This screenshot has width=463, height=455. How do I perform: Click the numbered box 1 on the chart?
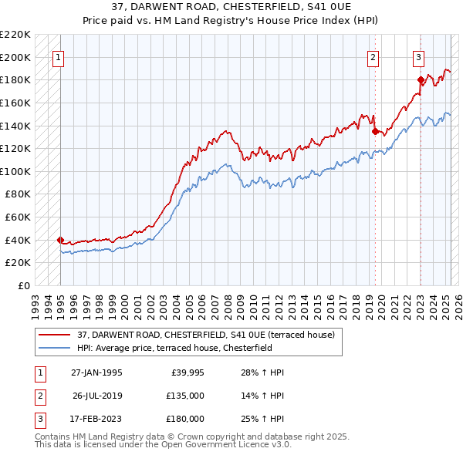[59, 56]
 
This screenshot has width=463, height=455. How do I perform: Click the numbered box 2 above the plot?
[373, 56]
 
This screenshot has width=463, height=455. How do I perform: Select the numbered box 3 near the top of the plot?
[418, 56]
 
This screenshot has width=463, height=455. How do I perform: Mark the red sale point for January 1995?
[60, 240]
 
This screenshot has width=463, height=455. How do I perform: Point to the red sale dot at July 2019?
[375, 131]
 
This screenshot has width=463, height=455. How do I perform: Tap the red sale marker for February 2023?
[421, 79]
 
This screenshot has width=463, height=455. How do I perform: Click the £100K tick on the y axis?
[16, 171]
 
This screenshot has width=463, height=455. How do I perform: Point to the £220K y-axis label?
[16, 35]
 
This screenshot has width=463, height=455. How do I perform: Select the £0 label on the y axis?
[22, 285]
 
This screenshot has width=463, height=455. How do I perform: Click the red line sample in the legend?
[56, 335]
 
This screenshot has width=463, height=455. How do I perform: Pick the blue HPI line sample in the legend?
[56, 348]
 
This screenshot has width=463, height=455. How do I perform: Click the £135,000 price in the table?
[185, 396]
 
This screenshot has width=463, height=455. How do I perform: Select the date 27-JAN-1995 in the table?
[96, 372]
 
